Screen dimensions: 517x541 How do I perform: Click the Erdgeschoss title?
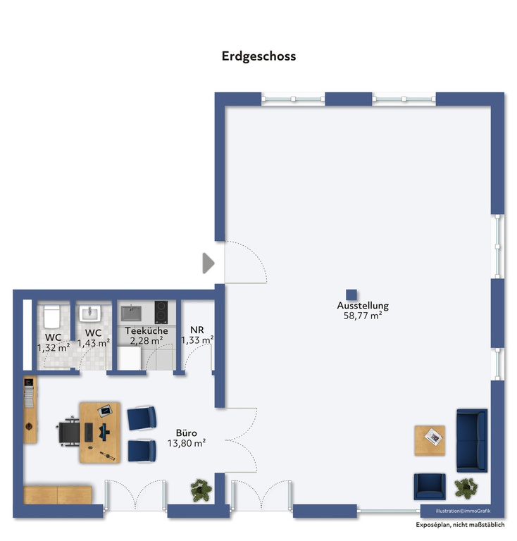pos(258,56)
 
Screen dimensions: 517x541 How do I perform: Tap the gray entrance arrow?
pos(208,263)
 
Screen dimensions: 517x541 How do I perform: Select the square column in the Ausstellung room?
pos(351,295)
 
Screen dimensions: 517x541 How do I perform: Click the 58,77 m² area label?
pos(363,316)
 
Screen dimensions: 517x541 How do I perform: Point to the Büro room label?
pos(186,433)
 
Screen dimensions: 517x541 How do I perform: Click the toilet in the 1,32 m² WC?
pos(52,316)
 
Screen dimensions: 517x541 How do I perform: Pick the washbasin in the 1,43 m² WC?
pos(90,313)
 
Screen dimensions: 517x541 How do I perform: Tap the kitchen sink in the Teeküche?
pos(131,313)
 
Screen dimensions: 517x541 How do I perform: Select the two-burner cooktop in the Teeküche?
pos(161,312)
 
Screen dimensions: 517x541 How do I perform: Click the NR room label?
pos(197,330)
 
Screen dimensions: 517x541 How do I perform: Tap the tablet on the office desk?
pos(105,411)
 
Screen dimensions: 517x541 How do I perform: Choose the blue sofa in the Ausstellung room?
pos(472,440)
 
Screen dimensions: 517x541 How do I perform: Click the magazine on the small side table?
pos(434,437)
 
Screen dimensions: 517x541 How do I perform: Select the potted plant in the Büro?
pos(201,490)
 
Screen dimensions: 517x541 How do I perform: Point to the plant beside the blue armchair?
pos(466,488)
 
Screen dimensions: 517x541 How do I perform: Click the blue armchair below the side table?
pos(430,487)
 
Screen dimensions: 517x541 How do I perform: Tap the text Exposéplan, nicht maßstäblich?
pos(460,525)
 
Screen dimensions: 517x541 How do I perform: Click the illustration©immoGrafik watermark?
pos(463,511)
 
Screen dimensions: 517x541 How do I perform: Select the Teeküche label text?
pos(147,330)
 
